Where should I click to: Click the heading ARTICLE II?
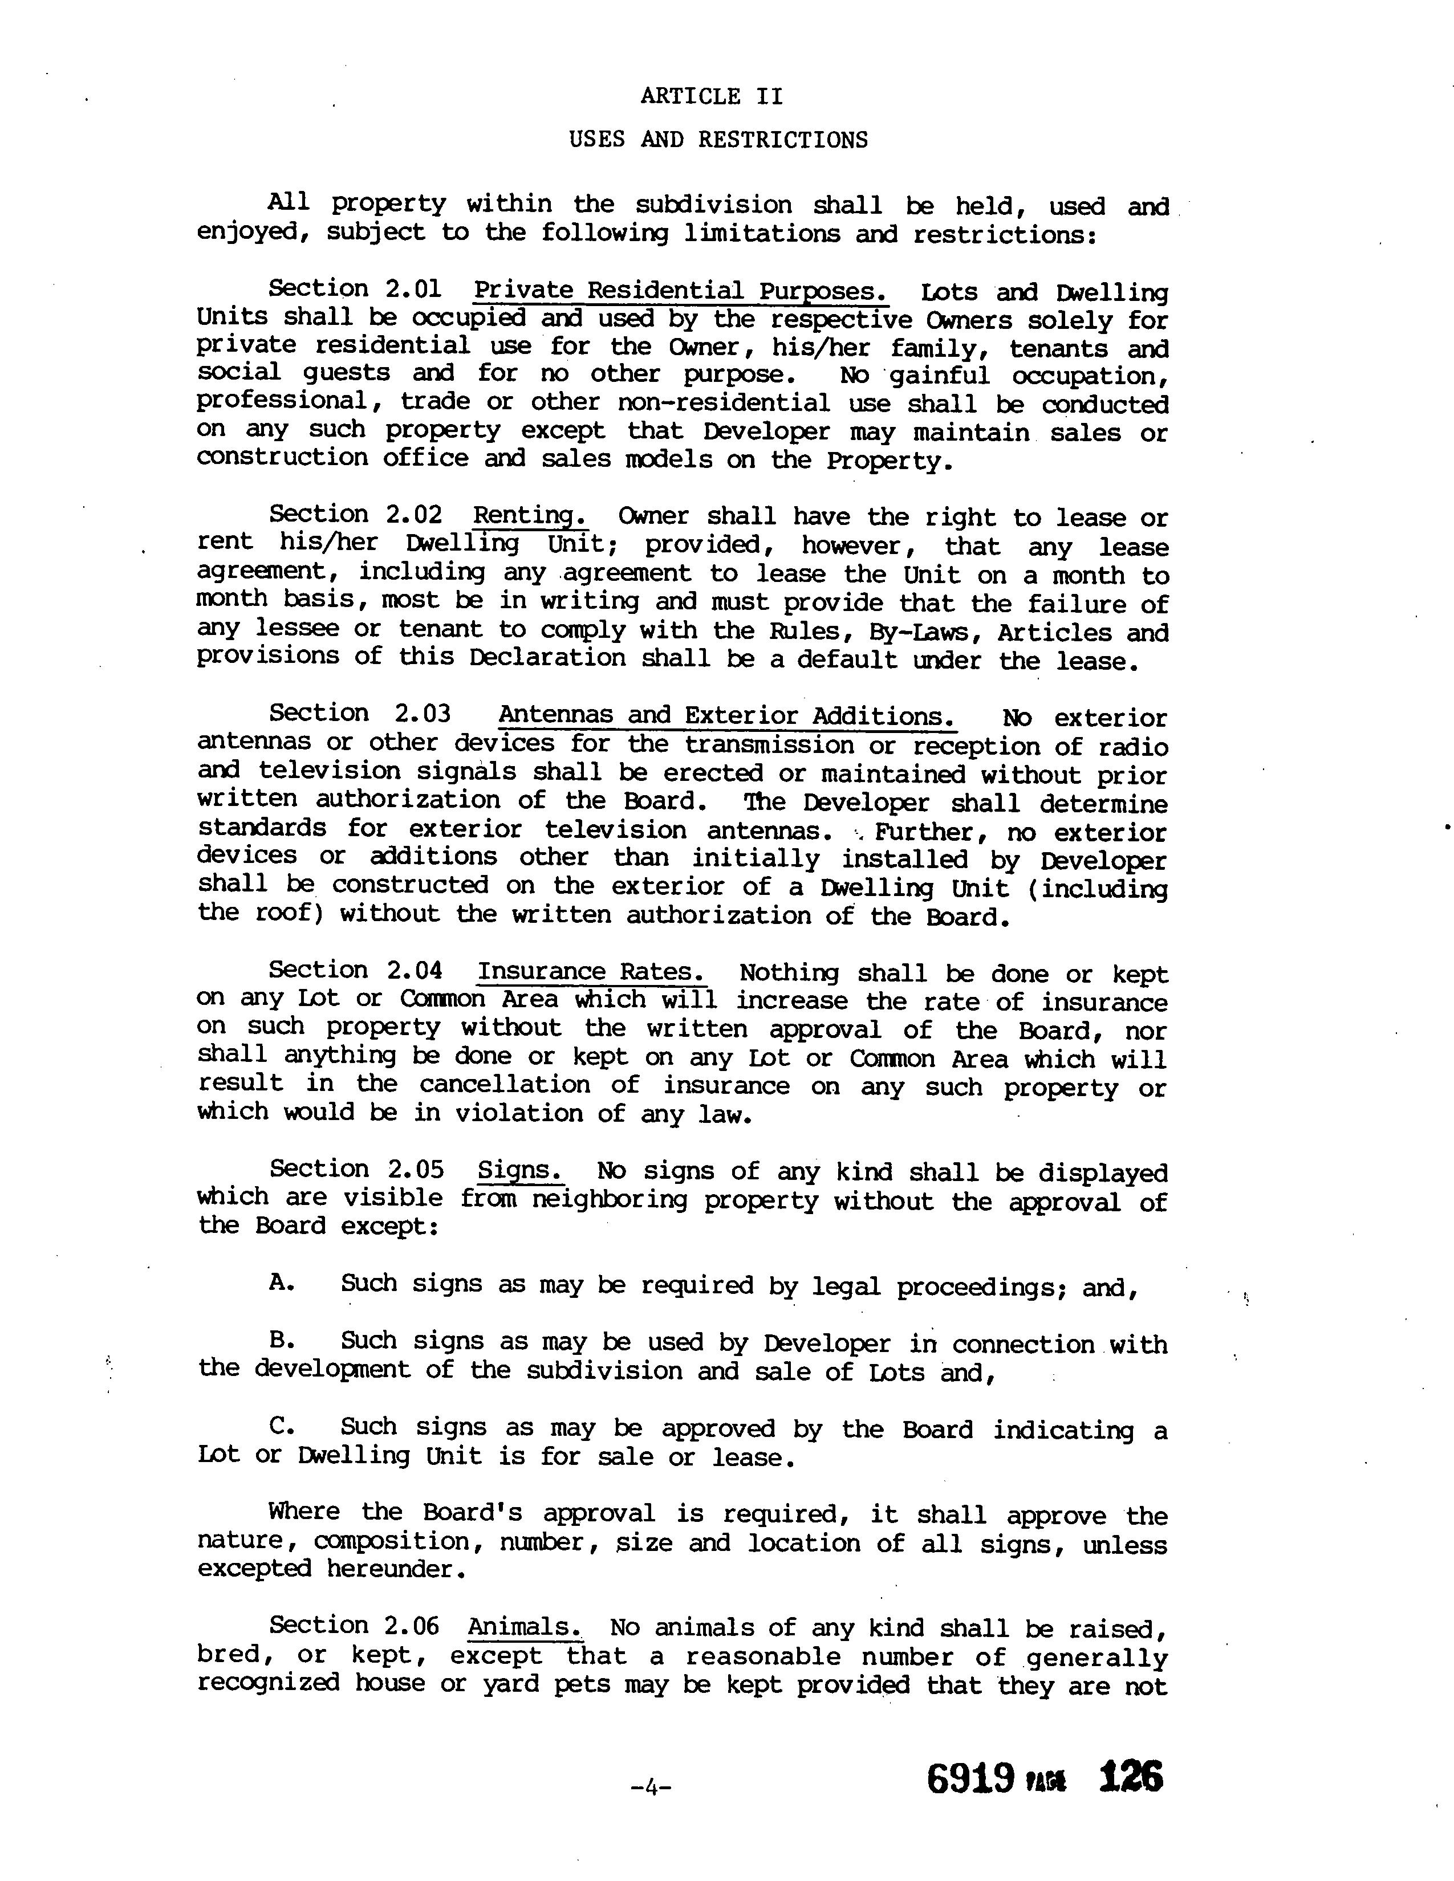click(x=712, y=96)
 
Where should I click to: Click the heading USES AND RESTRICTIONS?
click(x=718, y=140)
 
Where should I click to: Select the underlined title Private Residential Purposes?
click(x=680, y=291)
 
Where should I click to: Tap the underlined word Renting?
click(x=530, y=516)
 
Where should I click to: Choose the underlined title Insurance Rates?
click(x=592, y=971)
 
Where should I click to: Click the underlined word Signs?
click(x=520, y=1170)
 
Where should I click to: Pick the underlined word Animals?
click(x=523, y=1627)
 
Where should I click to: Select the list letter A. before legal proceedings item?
click(x=282, y=1283)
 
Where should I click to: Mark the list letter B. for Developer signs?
click(x=282, y=1340)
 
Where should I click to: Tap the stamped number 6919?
click(x=970, y=1778)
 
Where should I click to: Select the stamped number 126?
click(x=1131, y=1777)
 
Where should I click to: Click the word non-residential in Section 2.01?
click(x=724, y=402)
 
